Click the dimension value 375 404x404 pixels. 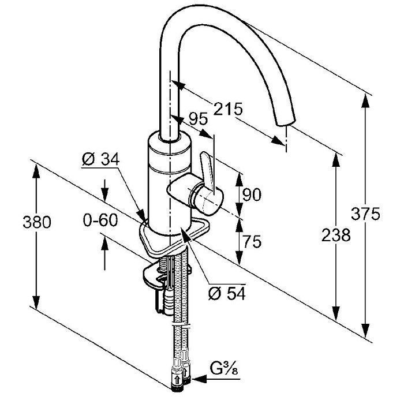tap(365, 214)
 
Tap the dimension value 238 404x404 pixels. tap(336, 235)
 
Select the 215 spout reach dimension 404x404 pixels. tap(228, 109)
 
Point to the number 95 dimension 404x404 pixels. tap(199, 118)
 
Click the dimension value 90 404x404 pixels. tap(252, 194)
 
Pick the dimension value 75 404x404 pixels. tap(252, 241)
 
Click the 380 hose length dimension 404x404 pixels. tap(37, 222)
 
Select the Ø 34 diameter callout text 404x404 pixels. tap(101, 159)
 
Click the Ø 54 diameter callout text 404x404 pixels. tap(227, 293)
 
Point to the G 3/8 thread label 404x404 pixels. tap(224, 368)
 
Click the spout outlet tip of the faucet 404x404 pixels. tap(285, 122)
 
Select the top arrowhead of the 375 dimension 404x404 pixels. tap(365, 101)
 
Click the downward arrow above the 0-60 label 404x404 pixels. tap(104, 190)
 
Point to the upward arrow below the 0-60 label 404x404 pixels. tap(104, 254)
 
